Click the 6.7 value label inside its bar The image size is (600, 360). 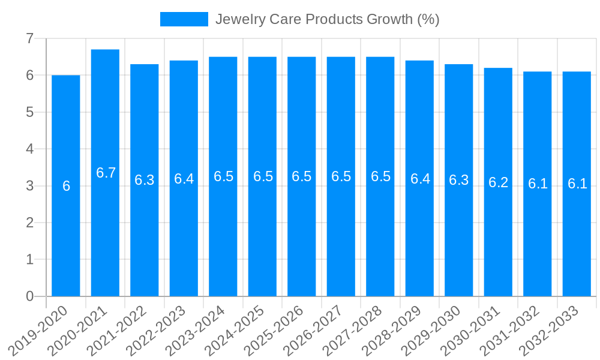106,173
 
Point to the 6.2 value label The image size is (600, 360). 498,182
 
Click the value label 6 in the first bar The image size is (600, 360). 66,186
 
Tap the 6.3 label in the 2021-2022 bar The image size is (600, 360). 145,180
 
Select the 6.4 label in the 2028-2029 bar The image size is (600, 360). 420,179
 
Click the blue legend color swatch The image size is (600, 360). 184,19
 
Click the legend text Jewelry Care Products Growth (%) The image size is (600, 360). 327,19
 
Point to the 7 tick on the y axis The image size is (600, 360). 29,38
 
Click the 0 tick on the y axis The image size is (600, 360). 29,296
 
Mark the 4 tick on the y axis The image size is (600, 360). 29,149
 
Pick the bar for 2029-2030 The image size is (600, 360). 459,240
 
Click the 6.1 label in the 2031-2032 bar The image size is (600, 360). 538,184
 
